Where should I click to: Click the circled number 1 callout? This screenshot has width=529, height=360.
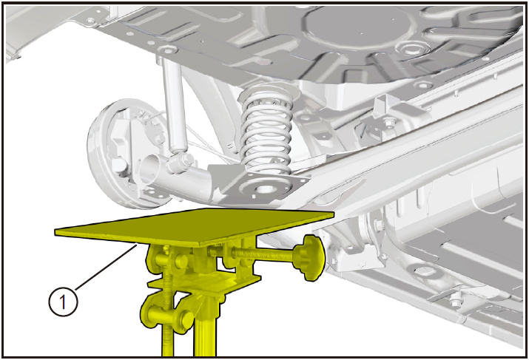63,301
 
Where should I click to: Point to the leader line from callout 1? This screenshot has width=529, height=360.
106,268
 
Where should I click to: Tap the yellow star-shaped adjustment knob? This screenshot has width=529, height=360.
309,257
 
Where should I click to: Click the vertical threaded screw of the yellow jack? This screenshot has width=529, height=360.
166,303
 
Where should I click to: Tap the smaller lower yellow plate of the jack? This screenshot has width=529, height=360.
204,282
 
